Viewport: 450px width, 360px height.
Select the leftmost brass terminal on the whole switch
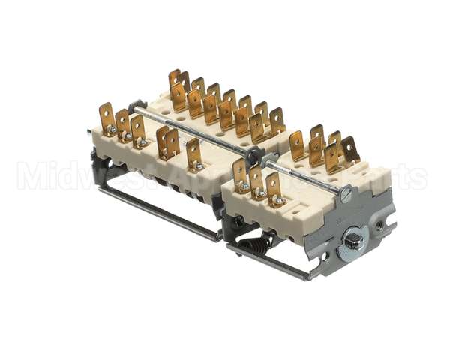pyautogui.click(x=106, y=118)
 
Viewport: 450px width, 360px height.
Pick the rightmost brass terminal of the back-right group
pyautogui.click(x=349, y=150)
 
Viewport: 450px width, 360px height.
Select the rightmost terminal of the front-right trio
pyautogui.click(x=275, y=187)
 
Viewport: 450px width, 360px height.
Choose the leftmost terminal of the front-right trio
pyautogui.click(x=240, y=175)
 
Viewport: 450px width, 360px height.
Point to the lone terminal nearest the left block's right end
pyautogui.click(x=194, y=154)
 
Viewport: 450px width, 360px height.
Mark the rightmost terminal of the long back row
pyautogui.click(x=277, y=120)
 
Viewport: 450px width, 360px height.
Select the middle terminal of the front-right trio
pyautogui.click(x=257, y=181)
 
